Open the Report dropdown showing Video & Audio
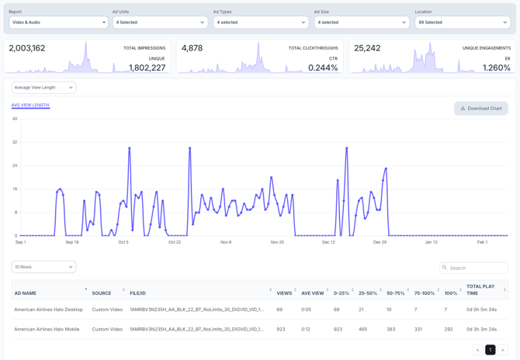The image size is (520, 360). pyautogui.click(x=58, y=22)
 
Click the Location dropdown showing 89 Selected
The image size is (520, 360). pyautogui.click(x=462, y=22)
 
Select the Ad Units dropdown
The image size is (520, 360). pyautogui.click(x=159, y=22)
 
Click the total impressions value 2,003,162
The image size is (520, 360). pyautogui.click(x=27, y=48)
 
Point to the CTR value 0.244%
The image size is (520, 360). pyautogui.click(x=323, y=67)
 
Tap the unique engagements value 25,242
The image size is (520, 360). pyautogui.click(x=367, y=48)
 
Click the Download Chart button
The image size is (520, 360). pyautogui.click(x=481, y=109)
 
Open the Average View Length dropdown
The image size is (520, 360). pyautogui.click(x=43, y=88)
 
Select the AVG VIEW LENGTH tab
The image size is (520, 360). pyautogui.click(x=30, y=105)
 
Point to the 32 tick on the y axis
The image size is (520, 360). pyautogui.click(x=15, y=142)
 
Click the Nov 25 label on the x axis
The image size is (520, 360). pyautogui.click(x=277, y=242)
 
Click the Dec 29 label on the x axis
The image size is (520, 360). pyautogui.click(x=380, y=242)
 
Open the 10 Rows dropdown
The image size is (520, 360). pyautogui.click(x=43, y=267)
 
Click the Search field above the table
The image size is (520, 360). pyautogui.click(x=474, y=268)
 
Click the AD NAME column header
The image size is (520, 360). pyautogui.click(x=26, y=293)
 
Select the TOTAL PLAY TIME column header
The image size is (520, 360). pyautogui.click(x=480, y=289)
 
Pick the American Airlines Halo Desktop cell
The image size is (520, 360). pyautogui.click(x=48, y=310)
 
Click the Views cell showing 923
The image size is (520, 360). pyautogui.click(x=281, y=329)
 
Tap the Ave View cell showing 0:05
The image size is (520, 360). pyautogui.click(x=307, y=310)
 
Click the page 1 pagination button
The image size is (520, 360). pyautogui.click(x=491, y=350)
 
